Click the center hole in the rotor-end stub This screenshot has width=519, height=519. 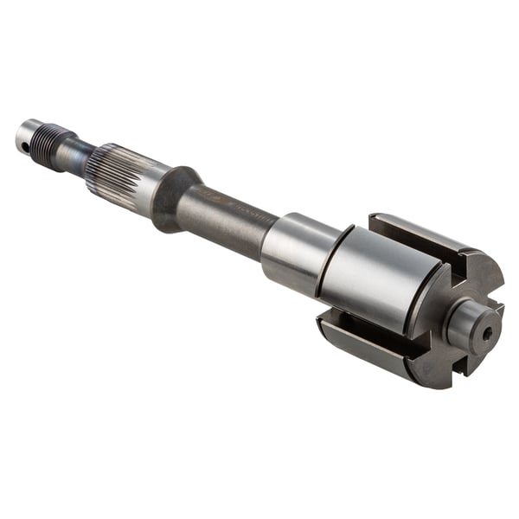[488, 331]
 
